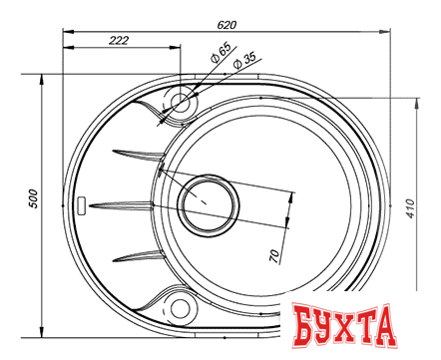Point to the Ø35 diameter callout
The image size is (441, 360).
click(x=243, y=62)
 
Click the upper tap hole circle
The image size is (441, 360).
click(x=182, y=102)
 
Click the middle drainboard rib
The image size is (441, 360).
click(x=125, y=206)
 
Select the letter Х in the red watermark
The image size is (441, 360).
click(x=355, y=328)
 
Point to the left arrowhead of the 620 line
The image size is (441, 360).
click(x=66, y=31)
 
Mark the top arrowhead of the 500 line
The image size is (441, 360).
click(x=41, y=77)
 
